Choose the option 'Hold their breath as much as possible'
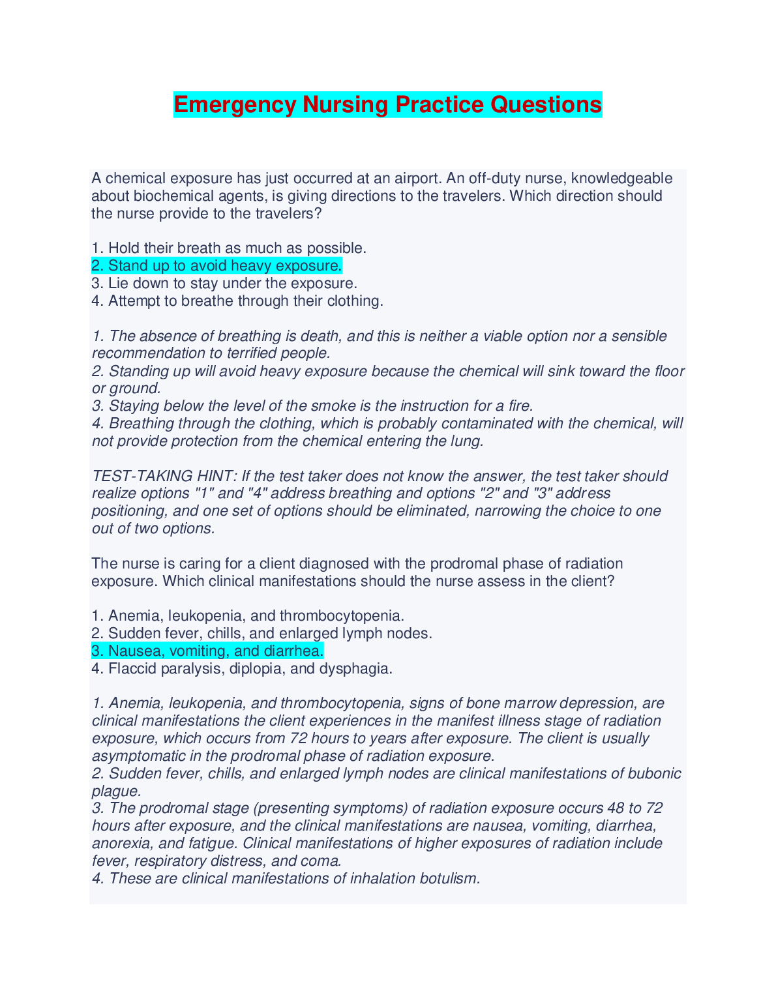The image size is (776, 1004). [x=229, y=248]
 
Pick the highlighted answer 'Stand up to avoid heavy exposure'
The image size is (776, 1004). [x=216, y=266]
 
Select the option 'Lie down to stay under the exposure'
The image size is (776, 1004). [x=224, y=284]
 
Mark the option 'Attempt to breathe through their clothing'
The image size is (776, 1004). [x=237, y=301]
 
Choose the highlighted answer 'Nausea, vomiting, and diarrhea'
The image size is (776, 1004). [x=207, y=651]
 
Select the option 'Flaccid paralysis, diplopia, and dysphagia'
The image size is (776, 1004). [x=242, y=669]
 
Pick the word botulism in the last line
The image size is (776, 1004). [x=449, y=879]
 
